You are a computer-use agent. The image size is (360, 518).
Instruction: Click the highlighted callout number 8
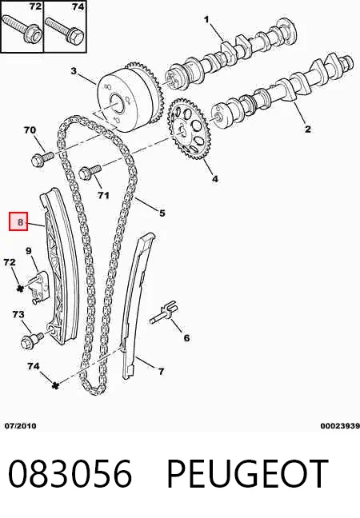21,222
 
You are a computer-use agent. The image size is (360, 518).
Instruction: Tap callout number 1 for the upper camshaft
206,20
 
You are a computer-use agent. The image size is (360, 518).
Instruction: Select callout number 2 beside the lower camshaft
308,129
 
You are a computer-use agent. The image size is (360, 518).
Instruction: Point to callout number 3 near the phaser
74,71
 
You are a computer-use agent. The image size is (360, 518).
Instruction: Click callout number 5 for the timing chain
162,213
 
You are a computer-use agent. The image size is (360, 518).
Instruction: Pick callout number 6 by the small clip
186,338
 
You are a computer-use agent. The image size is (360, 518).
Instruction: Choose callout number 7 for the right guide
161,372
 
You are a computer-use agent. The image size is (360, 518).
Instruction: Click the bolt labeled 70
42,158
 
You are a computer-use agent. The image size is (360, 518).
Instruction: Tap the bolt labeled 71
90,172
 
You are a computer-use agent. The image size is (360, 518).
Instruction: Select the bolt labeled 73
31,340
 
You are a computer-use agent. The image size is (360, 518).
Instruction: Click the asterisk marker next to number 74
55,385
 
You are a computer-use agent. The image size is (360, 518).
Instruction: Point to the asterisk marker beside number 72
21,288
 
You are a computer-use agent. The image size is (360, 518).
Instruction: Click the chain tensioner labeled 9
39,286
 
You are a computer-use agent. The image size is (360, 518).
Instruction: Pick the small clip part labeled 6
164,313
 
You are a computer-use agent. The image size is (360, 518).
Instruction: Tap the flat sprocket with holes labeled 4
187,129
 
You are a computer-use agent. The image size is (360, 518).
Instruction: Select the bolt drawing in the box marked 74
65,30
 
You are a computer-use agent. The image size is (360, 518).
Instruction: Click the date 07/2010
21,426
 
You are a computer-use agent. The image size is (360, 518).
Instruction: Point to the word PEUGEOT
247,474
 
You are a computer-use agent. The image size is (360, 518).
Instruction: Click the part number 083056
70,474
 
